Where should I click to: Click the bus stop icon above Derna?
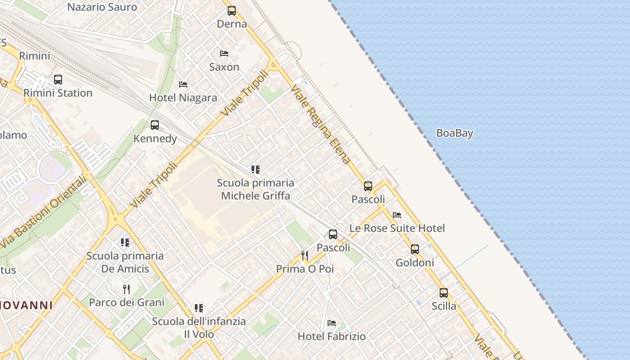(232, 11)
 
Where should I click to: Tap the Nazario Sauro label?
(102, 7)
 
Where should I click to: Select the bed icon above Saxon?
(224, 54)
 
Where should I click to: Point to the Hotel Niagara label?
(183, 98)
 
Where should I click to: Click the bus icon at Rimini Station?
(58, 80)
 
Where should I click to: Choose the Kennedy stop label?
(155, 138)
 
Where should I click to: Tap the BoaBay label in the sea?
(454, 133)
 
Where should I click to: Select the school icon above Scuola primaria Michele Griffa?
(256, 170)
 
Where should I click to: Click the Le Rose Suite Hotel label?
(397, 228)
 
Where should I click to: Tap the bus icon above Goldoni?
(415, 249)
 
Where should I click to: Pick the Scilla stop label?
(444, 306)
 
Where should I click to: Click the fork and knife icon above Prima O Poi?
(305, 256)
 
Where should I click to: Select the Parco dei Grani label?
(126, 302)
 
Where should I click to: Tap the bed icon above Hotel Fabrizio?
(332, 323)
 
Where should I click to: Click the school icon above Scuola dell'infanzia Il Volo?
(199, 308)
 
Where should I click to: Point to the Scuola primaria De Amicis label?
(125, 262)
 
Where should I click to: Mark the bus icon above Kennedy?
(155, 125)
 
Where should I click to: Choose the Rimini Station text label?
(58, 93)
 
